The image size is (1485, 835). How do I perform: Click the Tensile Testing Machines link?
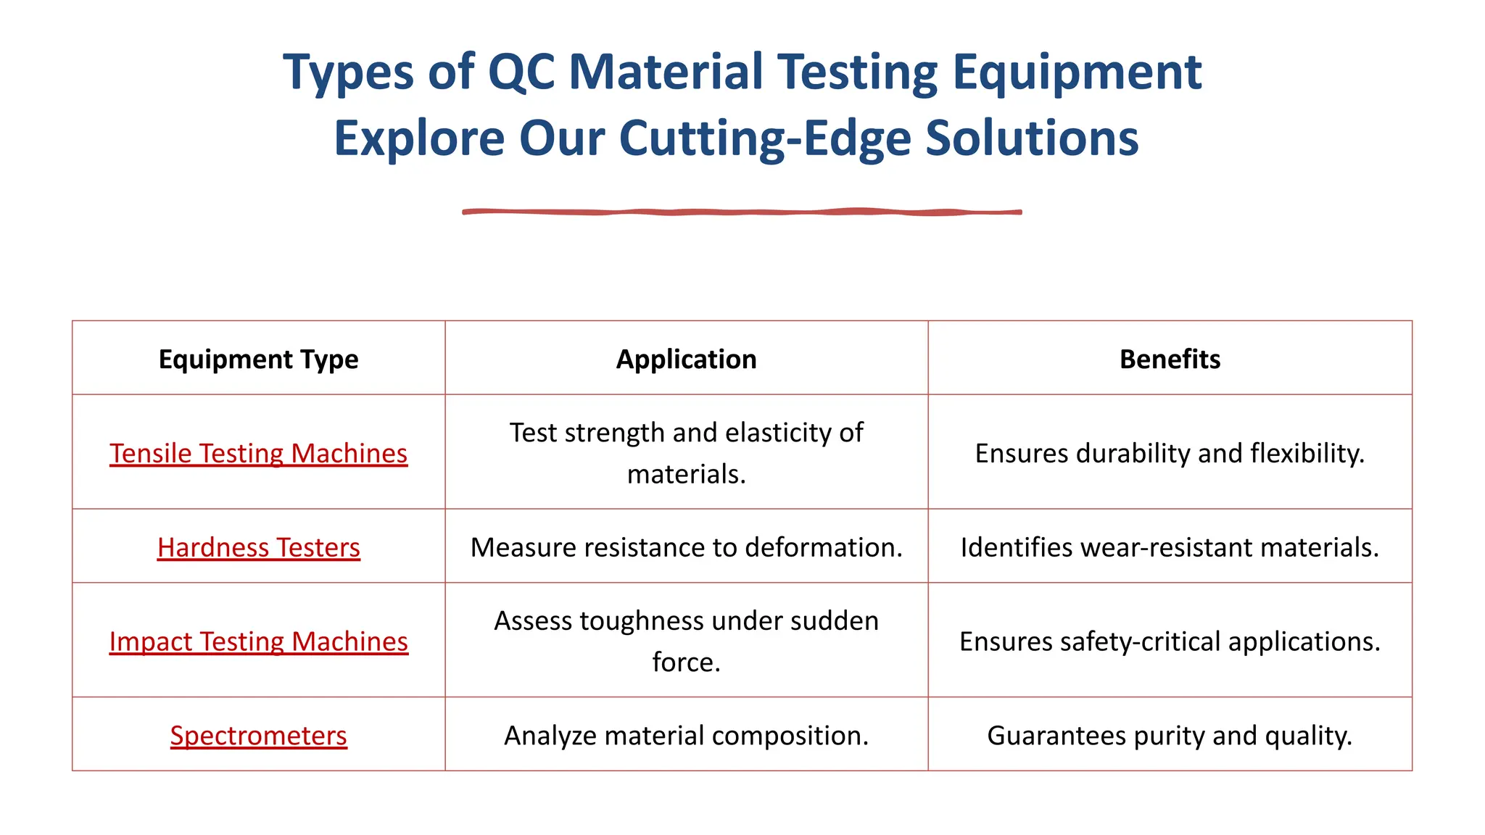(258, 453)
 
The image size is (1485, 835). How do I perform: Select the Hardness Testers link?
(258, 547)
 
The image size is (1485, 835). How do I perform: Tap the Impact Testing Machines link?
(258, 641)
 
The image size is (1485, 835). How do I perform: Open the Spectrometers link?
(258, 736)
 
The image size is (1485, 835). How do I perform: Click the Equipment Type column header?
(258, 359)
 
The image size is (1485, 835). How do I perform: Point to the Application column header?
(686, 359)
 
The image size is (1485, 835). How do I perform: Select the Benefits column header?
(1170, 359)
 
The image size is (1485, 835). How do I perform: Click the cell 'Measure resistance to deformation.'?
(686, 547)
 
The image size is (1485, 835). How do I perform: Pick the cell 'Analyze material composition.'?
(686, 736)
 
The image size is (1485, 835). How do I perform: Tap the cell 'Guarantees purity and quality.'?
(1170, 736)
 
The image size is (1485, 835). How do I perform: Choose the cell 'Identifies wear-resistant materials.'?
(1170, 547)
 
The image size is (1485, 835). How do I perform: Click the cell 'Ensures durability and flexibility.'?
(1170, 453)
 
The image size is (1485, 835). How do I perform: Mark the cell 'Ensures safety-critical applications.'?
(1170, 641)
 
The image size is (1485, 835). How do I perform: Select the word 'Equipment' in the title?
(1077, 72)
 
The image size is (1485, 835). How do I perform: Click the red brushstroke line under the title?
(742, 212)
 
